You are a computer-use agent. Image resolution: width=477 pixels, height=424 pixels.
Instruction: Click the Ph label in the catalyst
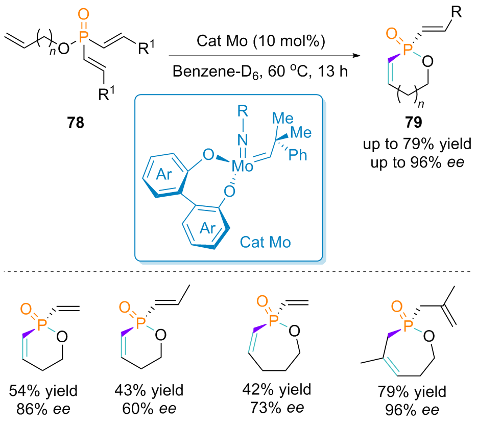click(298, 155)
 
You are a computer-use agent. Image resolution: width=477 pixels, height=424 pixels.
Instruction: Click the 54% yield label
click(43, 392)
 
